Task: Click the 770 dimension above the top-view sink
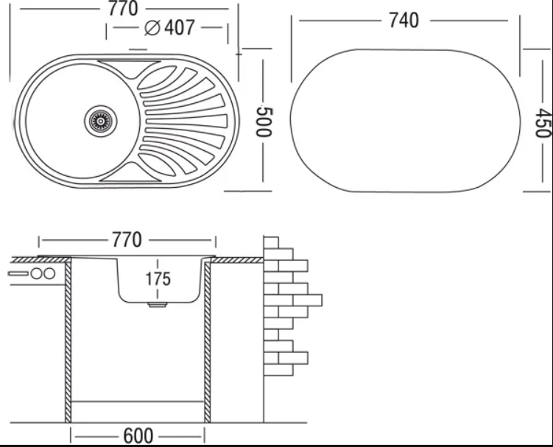click(x=123, y=8)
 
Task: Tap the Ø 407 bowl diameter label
click(x=169, y=27)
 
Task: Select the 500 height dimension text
click(x=264, y=122)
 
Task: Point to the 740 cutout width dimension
click(x=404, y=20)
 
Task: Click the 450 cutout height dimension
click(x=543, y=123)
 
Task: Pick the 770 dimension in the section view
click(x=127, y=240)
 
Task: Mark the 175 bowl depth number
click(x=158, y=278)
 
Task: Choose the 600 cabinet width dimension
click(x=138, y=436)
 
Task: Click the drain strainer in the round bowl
click(x=101, y=121)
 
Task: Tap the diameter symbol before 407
click(x=152, y=28)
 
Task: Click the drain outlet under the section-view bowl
click(x=158, y=304)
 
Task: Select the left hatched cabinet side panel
click(x=68, y=340)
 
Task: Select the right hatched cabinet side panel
click(x=208, y=340)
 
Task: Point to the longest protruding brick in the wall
click(x=307, y=300)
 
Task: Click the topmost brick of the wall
click(x=271, y=243)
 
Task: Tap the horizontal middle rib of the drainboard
click(x=186, y=122)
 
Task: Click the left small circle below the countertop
click(x=36, y=273)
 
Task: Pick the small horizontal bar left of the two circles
click(x=18, y=273)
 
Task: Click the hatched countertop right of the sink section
click(x=237, y=261)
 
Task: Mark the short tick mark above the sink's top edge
click(x=138, y=50)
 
